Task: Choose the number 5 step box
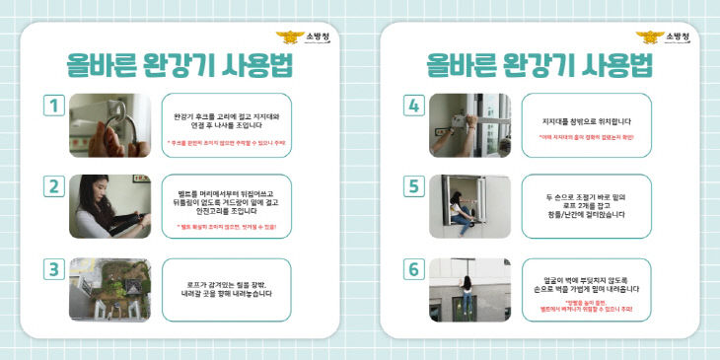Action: click(x=414, y=186)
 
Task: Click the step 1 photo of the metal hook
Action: click(x=109, y=125)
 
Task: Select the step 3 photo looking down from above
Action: click(x=109, y=289)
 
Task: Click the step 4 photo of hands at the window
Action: click(x=470, y=125)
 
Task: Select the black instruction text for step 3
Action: click(x=226, y=288)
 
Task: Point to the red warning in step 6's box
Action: click(x=586, y=306)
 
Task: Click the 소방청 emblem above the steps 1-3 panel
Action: click(x=291, y=38)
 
